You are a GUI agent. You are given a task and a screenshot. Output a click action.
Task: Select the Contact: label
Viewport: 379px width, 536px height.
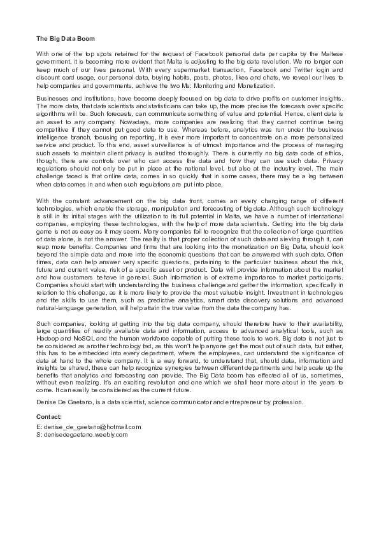pos(50,416)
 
